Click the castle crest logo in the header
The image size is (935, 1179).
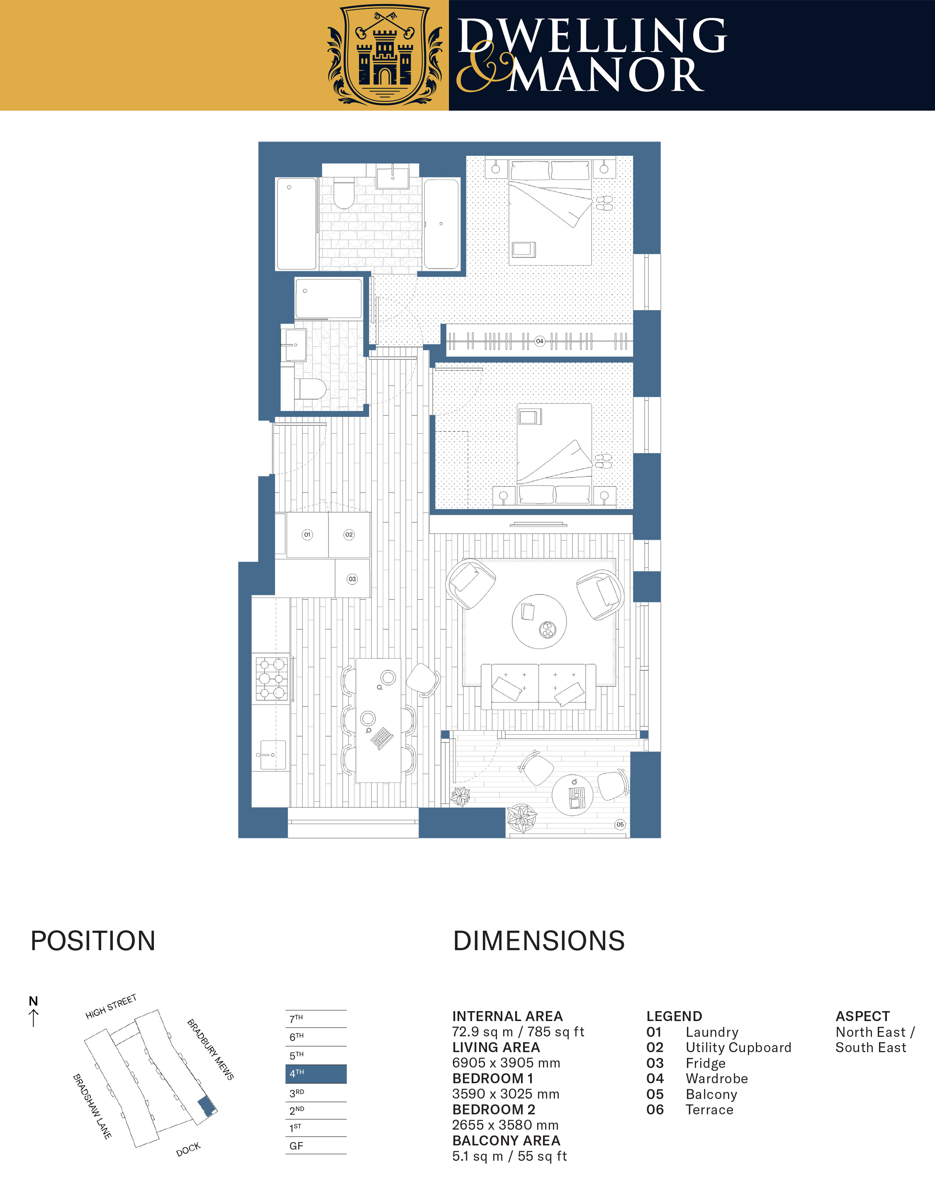(x=385, y=55)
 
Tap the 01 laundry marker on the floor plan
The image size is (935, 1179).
(x=307, y=534)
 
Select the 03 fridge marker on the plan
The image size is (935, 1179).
(x=352, y=579)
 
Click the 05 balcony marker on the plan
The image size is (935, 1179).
(x=620, y=824)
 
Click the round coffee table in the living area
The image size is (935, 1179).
(x=539, y=622)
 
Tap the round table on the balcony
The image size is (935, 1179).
(x=573, y=795)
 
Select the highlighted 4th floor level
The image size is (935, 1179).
(x=316, y=1073)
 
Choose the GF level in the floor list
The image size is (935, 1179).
(x=316, y=1146)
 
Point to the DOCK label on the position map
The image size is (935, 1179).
(x=188, y=1150)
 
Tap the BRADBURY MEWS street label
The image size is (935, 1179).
(x=211, y=1049)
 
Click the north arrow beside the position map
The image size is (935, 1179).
(x=33, y=1018)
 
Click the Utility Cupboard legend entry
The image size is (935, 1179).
(x=719, y=1047)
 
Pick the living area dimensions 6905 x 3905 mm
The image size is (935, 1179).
(x=506, y=1063)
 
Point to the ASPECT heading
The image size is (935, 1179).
(x=862, y=1016)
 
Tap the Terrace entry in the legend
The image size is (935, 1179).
(x=690, y=1109)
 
